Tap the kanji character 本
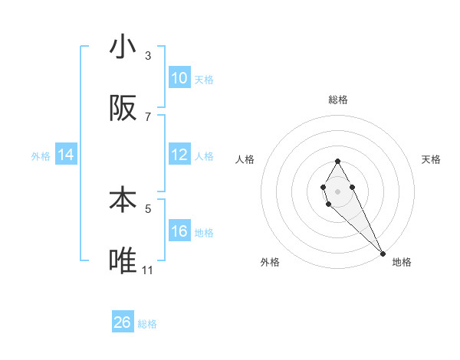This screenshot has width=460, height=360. pyautogui.click(x=123, y=200)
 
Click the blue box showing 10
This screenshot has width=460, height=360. pyautogui.click(x=179, y=78)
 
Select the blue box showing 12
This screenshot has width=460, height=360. pyautogui.click(x=179, y=155)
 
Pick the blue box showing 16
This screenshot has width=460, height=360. pyautogui.click(x=179, y=231)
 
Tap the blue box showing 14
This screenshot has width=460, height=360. pyautogui.click(x=66, y=155)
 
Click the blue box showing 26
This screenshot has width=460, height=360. pyautogui.click(x=123, y=322)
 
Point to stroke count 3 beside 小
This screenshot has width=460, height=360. pyautogui.click(x=148, y=55)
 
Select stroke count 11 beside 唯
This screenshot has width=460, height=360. pyautogui.click(x=148, y=270)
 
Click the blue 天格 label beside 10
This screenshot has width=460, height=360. pyautogui.click(x=204, y=79)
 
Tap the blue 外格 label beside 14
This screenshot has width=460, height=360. pyautogui.click(x=41, y=156)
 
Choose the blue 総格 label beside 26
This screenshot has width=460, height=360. pyautogui.click(x=147, y=324)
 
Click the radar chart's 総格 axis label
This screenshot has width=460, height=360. pyautogui.click(x=337, y=100)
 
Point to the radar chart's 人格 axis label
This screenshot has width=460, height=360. pyautogui.click(x=245, y=159)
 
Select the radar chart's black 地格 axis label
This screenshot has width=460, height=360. pyautogui.click(x=402, y=262)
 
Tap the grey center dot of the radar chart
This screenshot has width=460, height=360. pyautogui.click(x=337, y=190)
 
